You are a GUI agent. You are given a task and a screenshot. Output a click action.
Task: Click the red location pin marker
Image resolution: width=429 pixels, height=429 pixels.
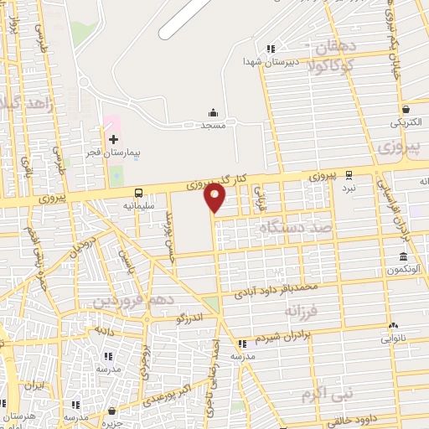(x=215, y=198)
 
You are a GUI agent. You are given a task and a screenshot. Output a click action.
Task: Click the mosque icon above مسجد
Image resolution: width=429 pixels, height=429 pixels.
(x=213, y=113)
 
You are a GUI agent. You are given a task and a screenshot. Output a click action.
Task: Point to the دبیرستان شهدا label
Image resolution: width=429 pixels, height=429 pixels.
(x=266, y=61)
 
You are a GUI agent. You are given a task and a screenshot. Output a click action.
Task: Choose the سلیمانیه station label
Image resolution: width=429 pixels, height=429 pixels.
(x=138, y=204)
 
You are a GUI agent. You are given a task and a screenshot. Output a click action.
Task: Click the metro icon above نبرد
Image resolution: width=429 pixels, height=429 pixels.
(x=349, y=176)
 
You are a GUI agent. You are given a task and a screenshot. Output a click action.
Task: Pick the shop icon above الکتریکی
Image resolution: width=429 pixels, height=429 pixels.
(x=406, y=109)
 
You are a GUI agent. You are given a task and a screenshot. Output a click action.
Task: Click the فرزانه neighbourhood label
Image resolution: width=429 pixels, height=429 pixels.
(x=300, y=310)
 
